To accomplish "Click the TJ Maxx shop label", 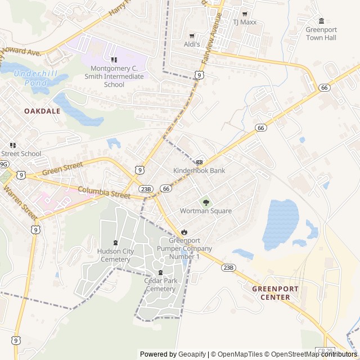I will [x=244, y=22].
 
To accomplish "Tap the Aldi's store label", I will [x=192, y=44].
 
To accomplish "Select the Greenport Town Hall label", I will [x=321, y=34].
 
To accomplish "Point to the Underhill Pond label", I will [x=33, y=78].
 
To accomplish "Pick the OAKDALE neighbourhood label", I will [x=42, y=111].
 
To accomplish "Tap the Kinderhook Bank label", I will [x=199, y=170].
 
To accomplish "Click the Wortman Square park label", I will [x=205, y=211].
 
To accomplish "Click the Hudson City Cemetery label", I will [x=115, y=255].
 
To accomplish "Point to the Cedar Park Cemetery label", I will [x=160, y=285].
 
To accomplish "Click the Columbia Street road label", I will [x=104, y=192].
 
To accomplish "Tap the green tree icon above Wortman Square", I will [x=205, y=202].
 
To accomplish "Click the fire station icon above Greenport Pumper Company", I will [x=184, y=232].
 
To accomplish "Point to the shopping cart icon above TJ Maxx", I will [x=244, y=13].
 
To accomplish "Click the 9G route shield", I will [x=4, y=164].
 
